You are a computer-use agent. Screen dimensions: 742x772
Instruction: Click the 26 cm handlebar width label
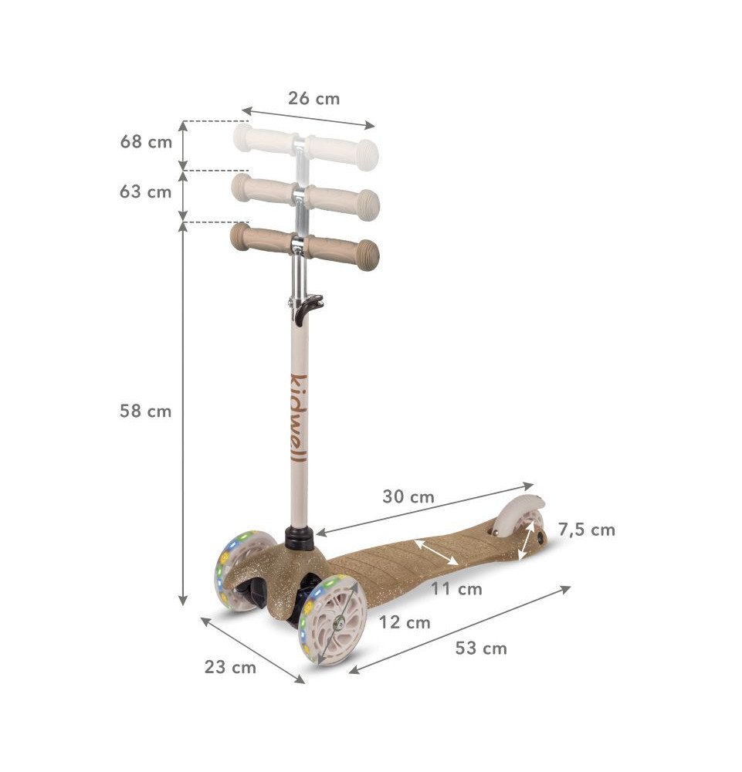[313, 99]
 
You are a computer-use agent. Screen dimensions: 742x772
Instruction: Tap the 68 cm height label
[146, 142]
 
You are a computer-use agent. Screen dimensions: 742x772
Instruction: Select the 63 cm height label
[146, 191]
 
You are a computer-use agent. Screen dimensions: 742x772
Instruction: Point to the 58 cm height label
[146, 411]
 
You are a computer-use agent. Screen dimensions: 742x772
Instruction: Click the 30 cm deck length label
[408, 496]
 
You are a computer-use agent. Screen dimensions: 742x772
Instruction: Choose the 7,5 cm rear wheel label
[586, 530]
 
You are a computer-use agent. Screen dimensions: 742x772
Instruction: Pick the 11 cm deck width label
[456, 588]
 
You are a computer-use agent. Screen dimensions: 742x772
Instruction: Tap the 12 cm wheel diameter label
[405, 622]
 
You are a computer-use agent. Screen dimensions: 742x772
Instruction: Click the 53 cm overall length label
[481, 648]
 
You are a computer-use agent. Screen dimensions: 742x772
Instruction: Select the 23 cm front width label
[230, 667]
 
